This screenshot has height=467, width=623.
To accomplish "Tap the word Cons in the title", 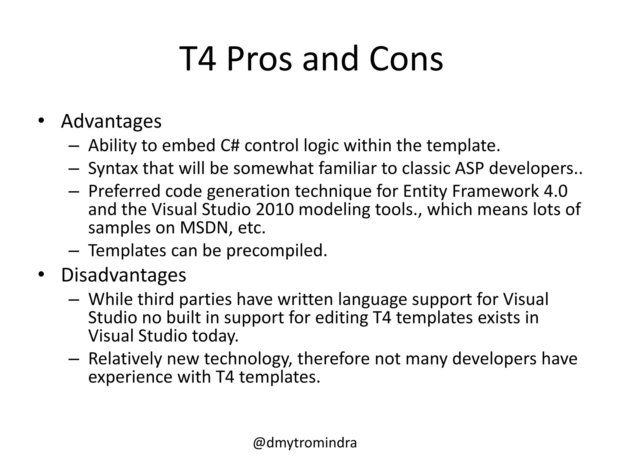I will pyautogui.click(x=406, y=59).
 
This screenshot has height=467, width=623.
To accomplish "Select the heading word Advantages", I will pyautogui.click(x=111, y=122).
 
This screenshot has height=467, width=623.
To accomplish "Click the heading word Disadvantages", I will pyautogui.click(x=124, y=275).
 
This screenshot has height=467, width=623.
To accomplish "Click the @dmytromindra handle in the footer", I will pyautogui.click(x=305, y=443).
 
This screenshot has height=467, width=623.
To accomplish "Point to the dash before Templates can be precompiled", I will pyautogui.click(x=74, y=251).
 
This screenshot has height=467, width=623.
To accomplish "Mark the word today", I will pyautogui.click(x=215, y=336).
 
